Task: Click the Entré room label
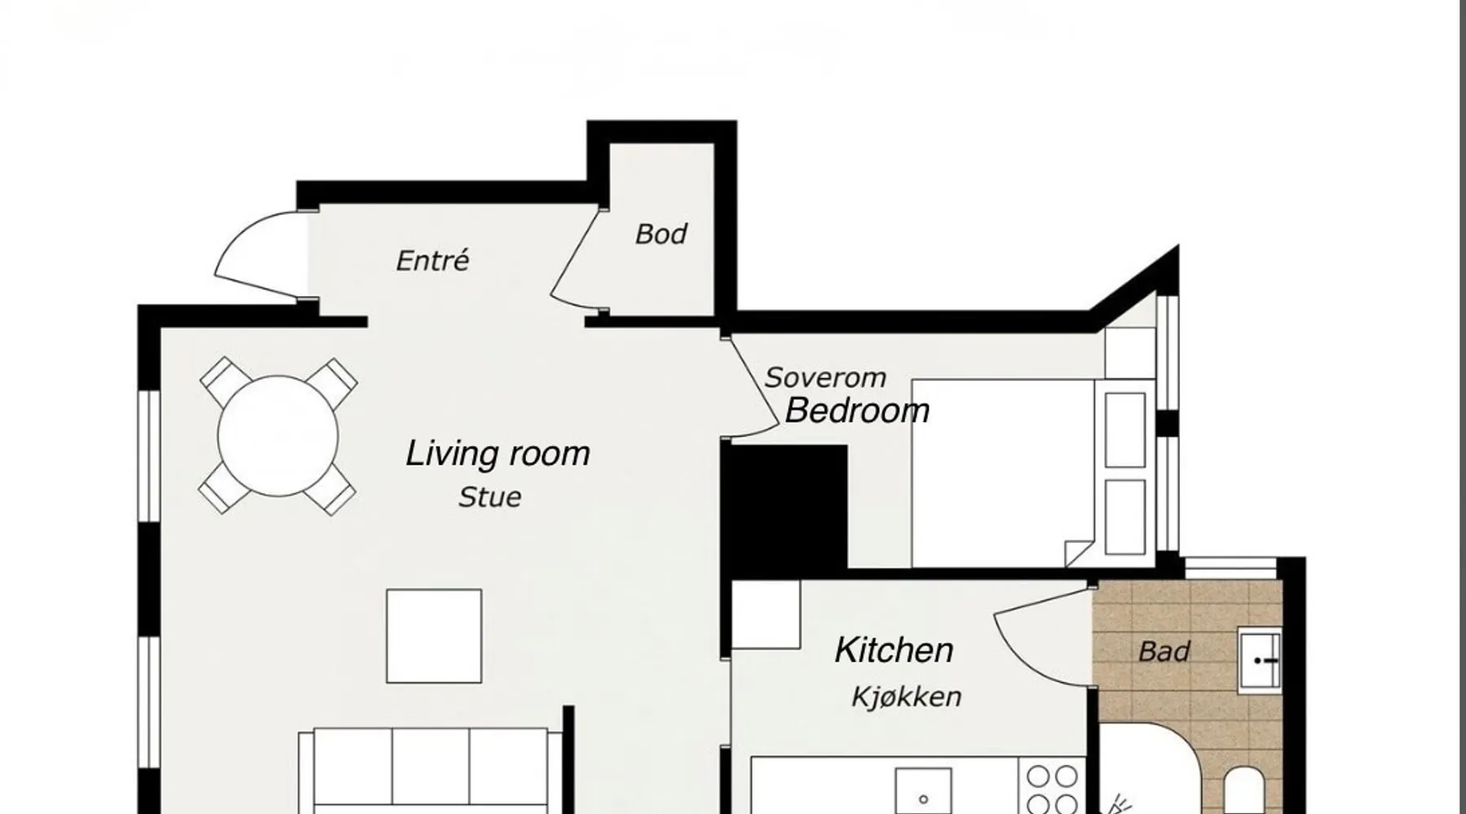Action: [432, 260]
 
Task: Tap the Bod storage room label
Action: [661, 234]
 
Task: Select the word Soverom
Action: [825, 378]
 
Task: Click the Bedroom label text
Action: [857, 410]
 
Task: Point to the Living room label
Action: [498, 453]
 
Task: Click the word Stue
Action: [489, 497]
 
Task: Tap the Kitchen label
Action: [893, 650]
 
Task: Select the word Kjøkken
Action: [906, 697]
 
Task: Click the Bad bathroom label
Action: [1164, 651]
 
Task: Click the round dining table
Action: [278, 435]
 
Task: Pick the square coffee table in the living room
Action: [434, 637]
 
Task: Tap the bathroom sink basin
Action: [1259, 660]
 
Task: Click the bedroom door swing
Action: [753, 388]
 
